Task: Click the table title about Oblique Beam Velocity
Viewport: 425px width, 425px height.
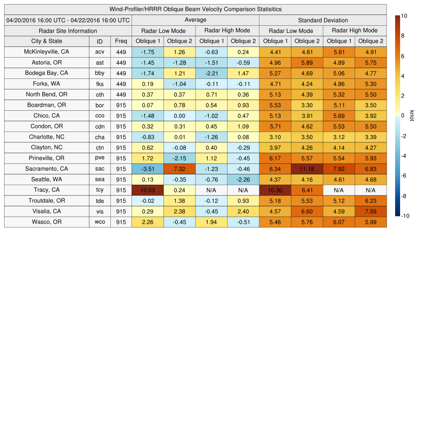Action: coord(195,9)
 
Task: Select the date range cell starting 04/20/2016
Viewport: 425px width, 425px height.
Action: coord(68,20)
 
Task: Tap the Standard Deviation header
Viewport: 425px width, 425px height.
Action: coord(323,20)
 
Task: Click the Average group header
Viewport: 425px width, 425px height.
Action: coord(195,20)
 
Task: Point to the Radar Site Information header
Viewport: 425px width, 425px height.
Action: coord(68,31)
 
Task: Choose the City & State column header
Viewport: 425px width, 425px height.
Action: coord(46,41)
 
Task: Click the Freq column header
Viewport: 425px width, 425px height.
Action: coord(121,41)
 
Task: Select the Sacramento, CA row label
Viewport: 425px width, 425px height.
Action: coord(46,169)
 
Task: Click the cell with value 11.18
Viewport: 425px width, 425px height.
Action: coord(307,169)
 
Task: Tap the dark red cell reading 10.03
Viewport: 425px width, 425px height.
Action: coord(148,190)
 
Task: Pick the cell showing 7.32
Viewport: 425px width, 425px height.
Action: coord(179,169)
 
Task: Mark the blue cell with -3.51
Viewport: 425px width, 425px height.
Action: coord(148,169)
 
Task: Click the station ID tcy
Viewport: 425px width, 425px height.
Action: coord(100,190)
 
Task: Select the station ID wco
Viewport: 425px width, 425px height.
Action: coord(100,222)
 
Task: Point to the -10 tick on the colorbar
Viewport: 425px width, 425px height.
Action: coord(405,216)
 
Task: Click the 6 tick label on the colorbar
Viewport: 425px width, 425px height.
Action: coord(403,56)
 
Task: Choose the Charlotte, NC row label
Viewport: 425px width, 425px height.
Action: coord(46,137)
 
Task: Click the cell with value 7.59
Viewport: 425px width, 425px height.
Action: coord(371,211)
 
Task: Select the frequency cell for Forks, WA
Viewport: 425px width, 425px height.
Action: coord(121,84)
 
